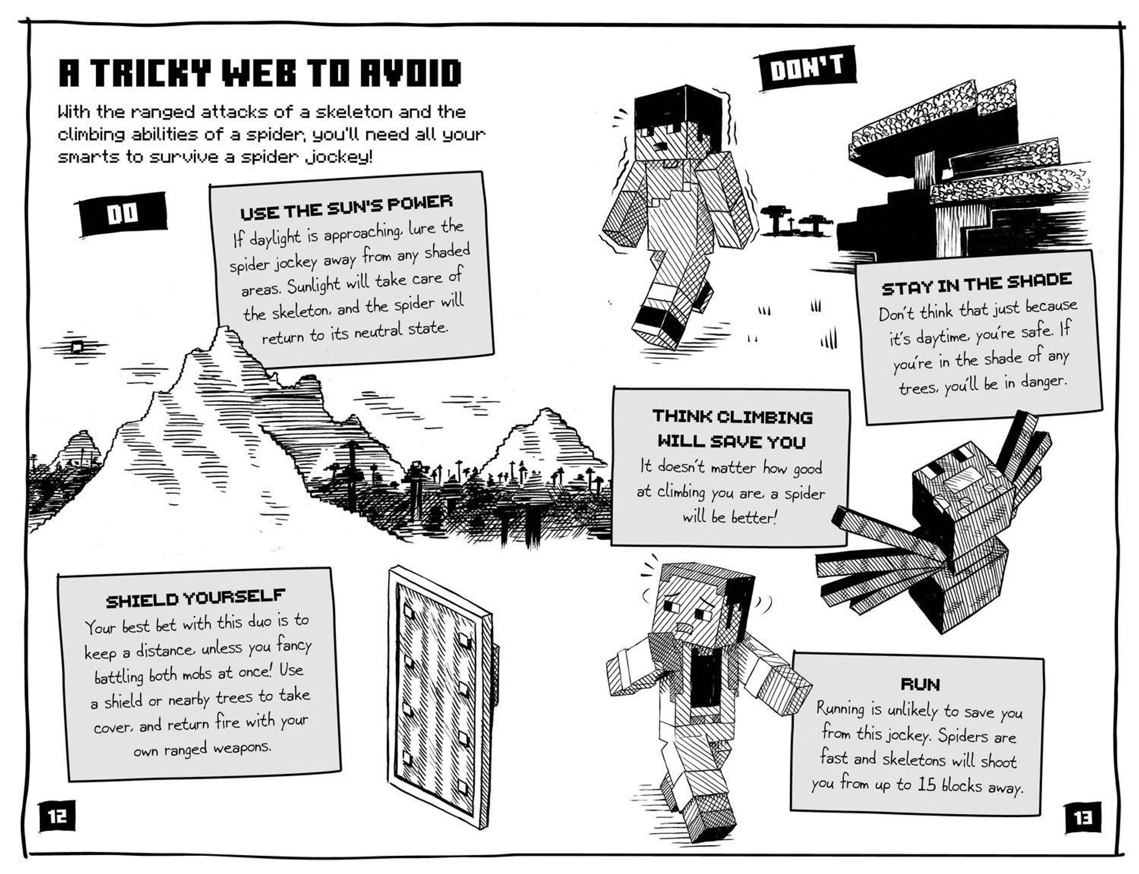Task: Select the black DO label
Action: coord(122,214)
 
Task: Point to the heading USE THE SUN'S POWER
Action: coord(346,207)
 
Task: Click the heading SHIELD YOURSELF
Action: coord(196,598)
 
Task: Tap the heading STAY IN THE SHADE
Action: coord(977,284)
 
